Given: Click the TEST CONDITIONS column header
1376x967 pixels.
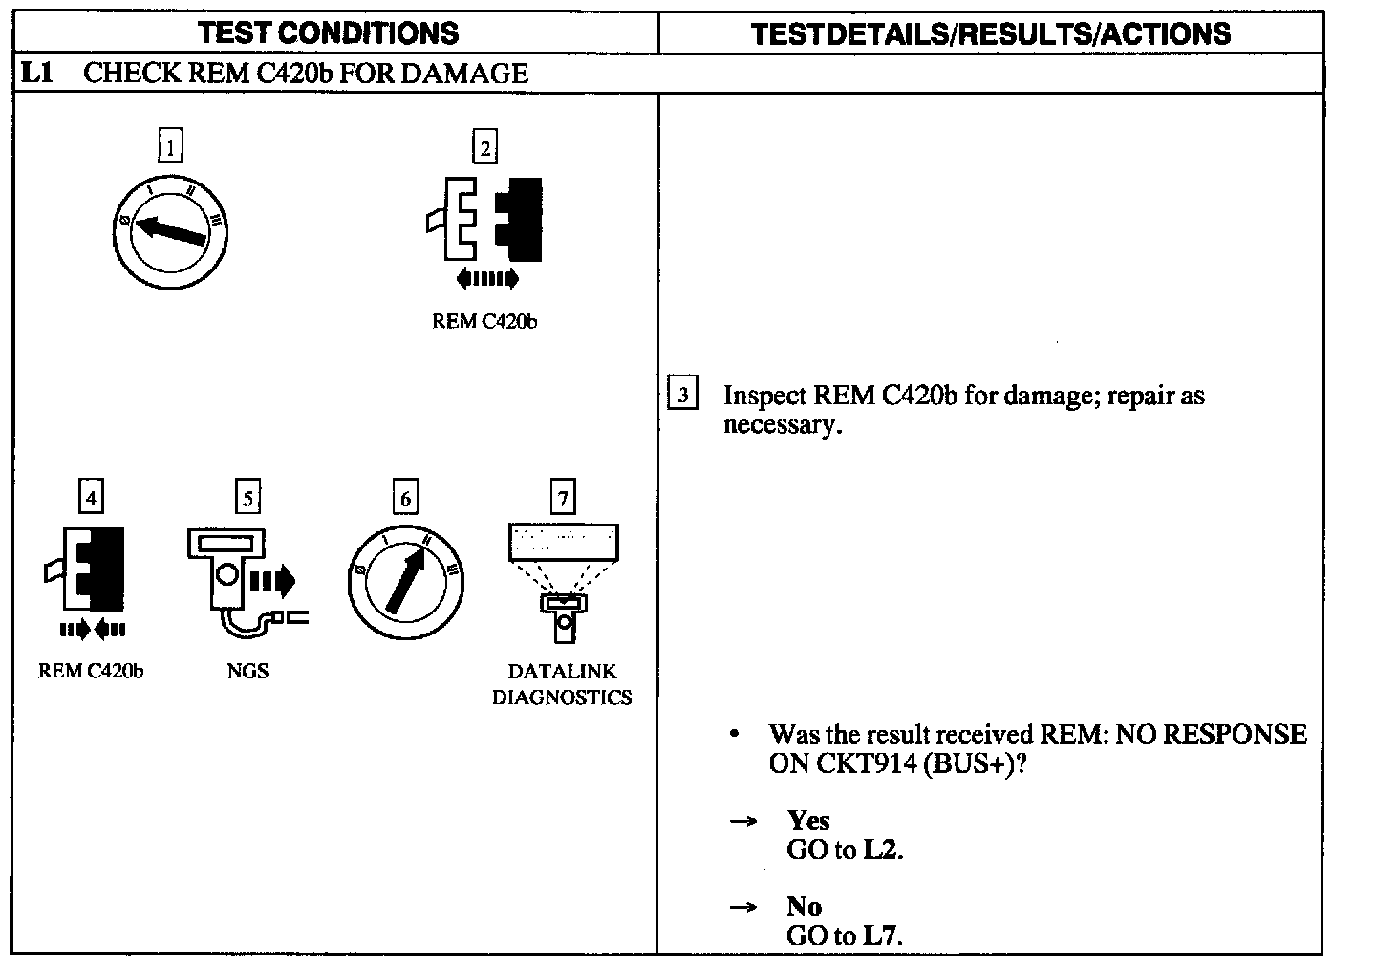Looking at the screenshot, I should [329, 33].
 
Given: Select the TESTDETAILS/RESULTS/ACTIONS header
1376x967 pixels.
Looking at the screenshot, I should [991, 34].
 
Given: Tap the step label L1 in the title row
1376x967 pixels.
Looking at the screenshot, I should [36, 74].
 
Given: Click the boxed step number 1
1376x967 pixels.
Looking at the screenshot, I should [169, 147].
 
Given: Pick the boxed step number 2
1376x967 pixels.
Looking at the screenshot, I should [484, 147].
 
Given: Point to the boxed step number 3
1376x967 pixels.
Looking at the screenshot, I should [681, 395].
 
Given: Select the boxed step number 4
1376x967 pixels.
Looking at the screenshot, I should [90, 498].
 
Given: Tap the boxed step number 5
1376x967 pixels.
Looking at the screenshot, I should [247, 498].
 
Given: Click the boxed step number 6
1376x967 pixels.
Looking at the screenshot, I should [405, 498].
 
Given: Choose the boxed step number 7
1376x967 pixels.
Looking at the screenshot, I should [563, 498].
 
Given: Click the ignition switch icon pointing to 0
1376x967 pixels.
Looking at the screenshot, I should [170, 231].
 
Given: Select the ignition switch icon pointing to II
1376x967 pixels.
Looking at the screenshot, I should [405, 582].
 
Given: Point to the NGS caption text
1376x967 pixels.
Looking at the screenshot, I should [247, 671].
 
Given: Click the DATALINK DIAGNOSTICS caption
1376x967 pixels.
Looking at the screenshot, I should [562, 684].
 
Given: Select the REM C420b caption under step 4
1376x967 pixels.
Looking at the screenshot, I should [91, 671].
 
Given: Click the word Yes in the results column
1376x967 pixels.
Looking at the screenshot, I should [808, 821].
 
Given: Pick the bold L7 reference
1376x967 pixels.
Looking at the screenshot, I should [882, 935].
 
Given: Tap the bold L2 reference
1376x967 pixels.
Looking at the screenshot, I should [882, 849].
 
